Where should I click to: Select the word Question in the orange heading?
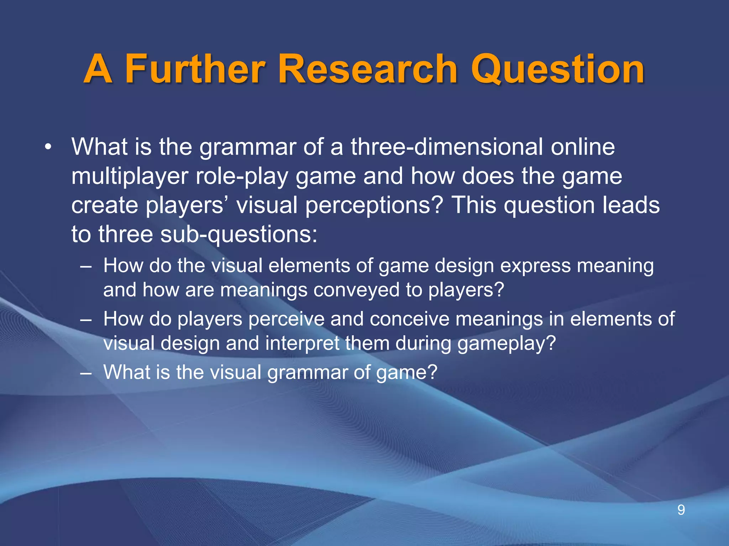557,69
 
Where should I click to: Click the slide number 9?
681,510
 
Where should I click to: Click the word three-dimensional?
447,146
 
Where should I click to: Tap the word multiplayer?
130,176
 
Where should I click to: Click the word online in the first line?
583,146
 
